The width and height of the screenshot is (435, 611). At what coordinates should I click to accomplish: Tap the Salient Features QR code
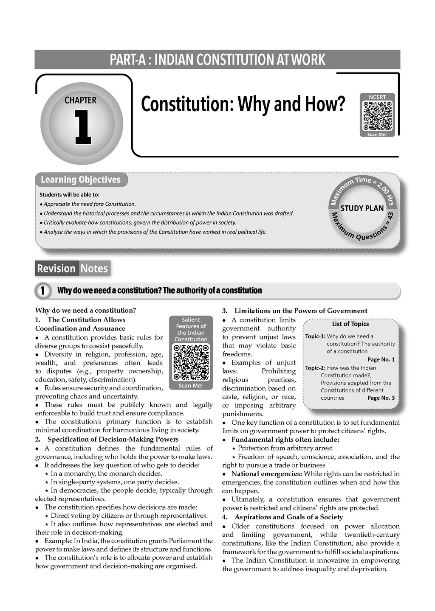coord(191,362)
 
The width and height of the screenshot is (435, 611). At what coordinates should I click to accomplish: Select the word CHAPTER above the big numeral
coord(80,101)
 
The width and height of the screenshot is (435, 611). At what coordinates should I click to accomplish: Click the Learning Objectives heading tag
coord(81,179)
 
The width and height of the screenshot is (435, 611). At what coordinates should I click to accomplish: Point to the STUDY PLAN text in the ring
coord(362,208)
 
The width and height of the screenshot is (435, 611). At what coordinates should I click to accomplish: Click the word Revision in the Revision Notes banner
coord(56,269)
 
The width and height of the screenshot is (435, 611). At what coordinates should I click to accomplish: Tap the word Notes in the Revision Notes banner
coord(94,269)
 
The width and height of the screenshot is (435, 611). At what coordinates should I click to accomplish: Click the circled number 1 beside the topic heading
coord(42,291)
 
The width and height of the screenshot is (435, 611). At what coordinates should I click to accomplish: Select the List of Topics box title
coord(350,324)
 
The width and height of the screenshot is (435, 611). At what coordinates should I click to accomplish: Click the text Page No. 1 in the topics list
coord(381,359)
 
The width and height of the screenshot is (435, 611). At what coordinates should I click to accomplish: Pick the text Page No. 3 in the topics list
coord(381,398)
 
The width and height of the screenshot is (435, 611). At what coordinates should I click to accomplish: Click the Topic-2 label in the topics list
coord(315,368)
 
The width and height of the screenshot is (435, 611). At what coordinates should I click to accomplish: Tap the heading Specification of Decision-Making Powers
coord(113,439)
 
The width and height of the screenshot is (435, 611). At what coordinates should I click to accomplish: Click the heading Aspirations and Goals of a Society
coord(288,517)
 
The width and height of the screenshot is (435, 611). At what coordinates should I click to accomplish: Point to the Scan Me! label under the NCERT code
coord(377,134)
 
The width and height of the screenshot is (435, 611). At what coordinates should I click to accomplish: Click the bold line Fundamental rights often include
coord(285,440)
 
